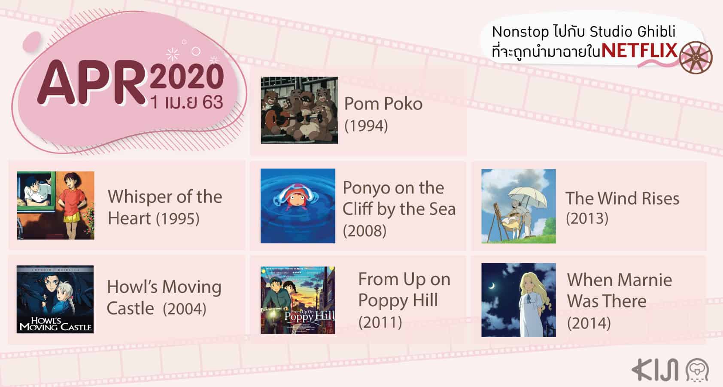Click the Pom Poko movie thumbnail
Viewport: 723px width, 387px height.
click(299, 110)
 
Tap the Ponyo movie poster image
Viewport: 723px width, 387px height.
click(298, 206)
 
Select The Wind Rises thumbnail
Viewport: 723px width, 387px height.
click(518, 206)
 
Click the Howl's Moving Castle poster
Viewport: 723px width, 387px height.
click(55, 299)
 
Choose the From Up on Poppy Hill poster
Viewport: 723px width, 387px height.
click(298, 300)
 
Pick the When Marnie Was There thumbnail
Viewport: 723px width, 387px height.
click(518, 300)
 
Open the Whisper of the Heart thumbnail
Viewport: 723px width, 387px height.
click(55, 205)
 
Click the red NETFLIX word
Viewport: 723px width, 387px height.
click(639, 51)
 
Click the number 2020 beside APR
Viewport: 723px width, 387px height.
click(187, 77)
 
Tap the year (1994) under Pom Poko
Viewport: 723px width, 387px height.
click(366, 126)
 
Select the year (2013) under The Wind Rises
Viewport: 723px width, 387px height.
click(587, 218)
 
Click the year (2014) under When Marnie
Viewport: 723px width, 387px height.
click(589, 322)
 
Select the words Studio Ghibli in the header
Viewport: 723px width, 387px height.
click(632, 32)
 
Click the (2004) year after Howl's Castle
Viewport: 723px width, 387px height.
click(185, 309)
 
